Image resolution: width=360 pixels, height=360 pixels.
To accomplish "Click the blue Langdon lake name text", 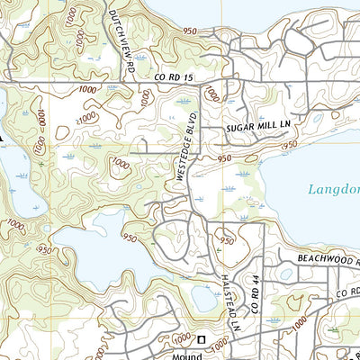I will (333, 190).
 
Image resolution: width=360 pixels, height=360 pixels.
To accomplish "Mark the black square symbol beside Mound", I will (202, 340).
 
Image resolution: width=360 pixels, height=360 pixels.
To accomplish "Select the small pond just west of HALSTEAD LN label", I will (200, 296).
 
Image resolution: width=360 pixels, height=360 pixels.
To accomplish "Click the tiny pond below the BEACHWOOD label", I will (286, 274).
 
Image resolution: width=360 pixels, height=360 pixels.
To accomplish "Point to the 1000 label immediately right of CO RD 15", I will (211, 94).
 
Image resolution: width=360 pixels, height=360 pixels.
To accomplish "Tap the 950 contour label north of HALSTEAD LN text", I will (227, 241).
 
